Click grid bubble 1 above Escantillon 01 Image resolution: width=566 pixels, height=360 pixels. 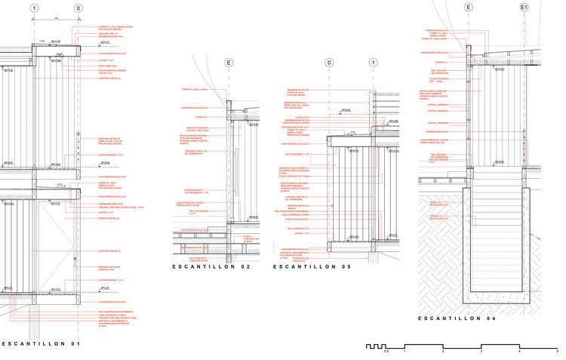click(x=34, y=8)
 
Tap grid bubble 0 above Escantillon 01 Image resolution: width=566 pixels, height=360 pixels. click(x=78, y=8)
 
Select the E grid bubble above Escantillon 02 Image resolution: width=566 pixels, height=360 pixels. click(x=229, y=63)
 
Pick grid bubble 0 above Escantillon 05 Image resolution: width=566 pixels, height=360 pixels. click(x=329, y=63)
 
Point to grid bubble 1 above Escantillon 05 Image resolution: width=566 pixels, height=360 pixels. click(x=373, y=63)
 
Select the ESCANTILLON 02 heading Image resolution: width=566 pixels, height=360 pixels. click(x=211, y=267)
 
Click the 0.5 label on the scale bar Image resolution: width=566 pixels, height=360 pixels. click(x=386, y=352)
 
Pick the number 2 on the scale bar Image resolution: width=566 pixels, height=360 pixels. click(x=443, y=352)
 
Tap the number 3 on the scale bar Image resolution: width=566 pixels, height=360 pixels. click(x=481, y=352)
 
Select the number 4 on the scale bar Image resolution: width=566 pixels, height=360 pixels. click(x=519, y=352)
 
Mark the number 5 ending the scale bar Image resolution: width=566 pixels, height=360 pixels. click(x=557, y=352)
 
